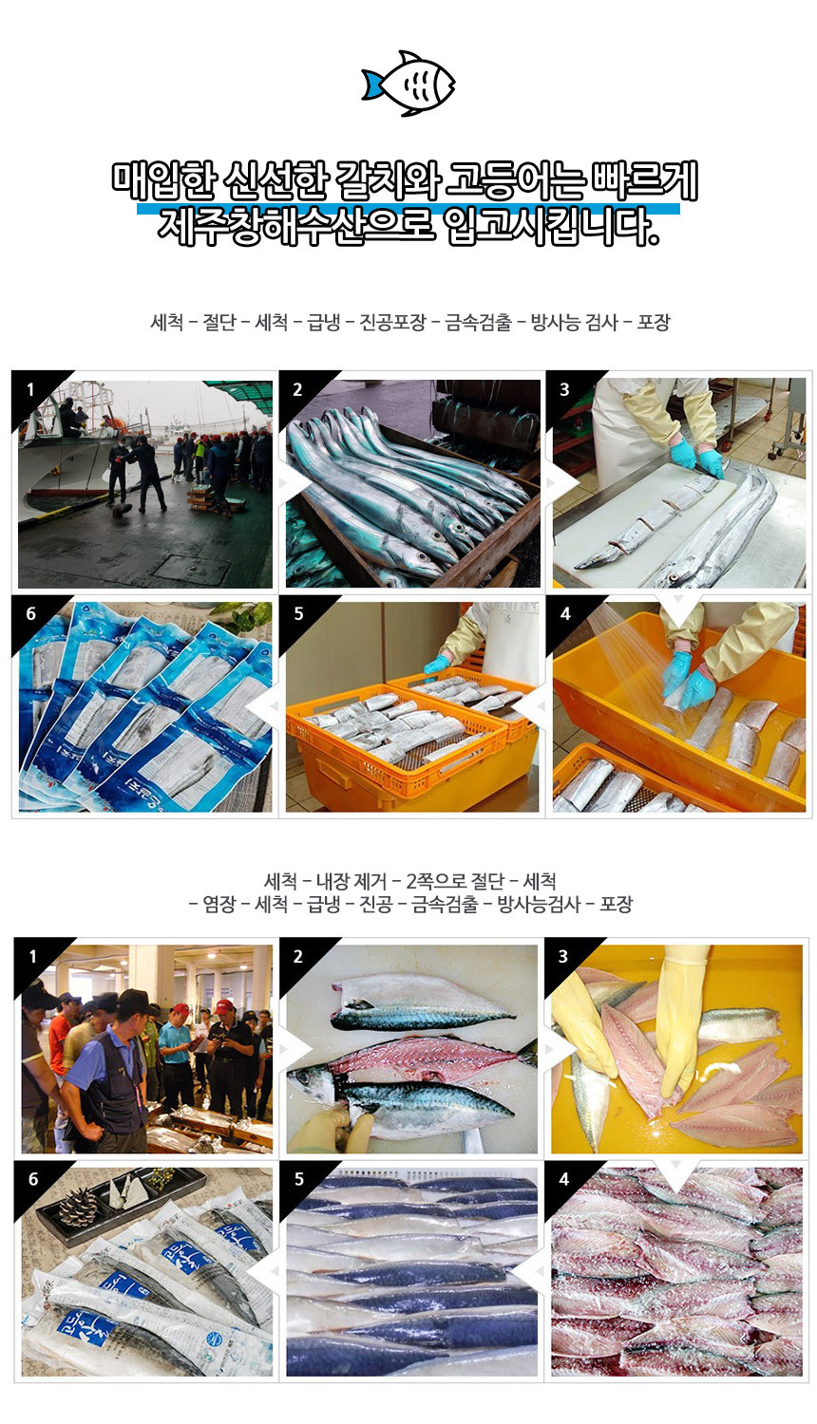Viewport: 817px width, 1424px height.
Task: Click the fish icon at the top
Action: point(408,84)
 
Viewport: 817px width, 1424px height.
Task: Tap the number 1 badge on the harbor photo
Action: point(30,389)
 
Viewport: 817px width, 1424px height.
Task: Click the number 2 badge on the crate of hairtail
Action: point(297,389)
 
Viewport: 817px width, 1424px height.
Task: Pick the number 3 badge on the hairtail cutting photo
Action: point(564,389)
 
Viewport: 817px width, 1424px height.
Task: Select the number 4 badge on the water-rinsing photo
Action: point(565,613)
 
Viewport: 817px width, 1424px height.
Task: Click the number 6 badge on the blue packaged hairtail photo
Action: point(30,613)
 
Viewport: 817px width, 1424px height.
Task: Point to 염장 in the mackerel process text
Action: point(218,905)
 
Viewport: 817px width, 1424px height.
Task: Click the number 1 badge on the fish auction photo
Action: point(32,956)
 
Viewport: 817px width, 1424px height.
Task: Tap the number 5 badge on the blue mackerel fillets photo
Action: point(298,1179)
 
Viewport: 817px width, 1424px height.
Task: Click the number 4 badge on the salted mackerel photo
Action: point(564,1179)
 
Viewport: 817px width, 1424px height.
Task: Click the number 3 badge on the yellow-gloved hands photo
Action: point(563,956)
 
